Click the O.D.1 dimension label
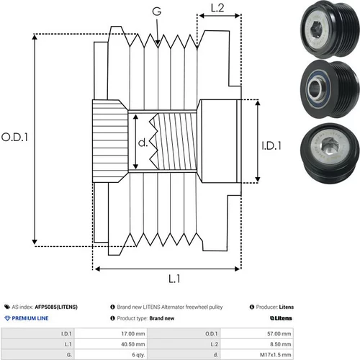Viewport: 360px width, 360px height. (14, 138)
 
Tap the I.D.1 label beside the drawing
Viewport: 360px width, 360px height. (271, 145)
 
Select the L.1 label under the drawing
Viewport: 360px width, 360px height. (174, 279)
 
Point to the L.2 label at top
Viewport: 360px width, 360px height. (217, 8)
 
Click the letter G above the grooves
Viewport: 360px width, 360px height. (157, 12)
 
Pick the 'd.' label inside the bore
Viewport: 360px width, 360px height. (143, 143)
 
